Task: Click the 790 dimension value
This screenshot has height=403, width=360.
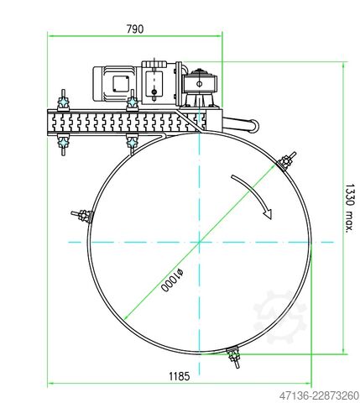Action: pos(135,29)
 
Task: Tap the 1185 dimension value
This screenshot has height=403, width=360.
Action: pos(180,376)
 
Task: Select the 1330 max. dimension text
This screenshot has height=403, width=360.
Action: pos(349,208)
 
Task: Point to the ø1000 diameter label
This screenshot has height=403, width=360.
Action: pos(172,280)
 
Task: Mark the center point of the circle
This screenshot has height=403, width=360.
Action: pos(200,242)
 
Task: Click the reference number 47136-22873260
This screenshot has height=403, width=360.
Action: pos(319,395)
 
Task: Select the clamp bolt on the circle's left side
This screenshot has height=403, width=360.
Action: pos(82,216)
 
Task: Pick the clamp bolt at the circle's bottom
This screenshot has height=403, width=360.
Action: pos(234,357)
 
